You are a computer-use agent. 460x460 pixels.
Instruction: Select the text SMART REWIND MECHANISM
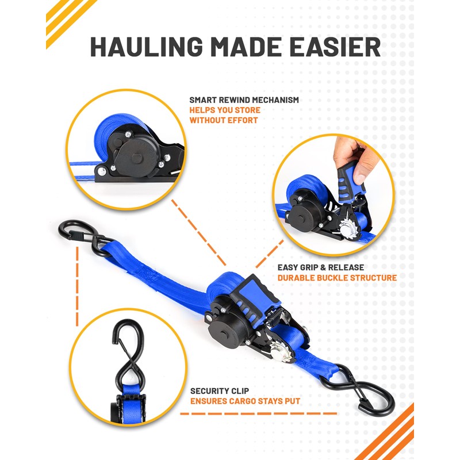click(244, 100)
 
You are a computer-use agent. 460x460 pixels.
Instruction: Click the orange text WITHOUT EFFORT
click(224, 120)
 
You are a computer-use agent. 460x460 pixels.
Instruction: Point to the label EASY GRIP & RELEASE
click(320, 267)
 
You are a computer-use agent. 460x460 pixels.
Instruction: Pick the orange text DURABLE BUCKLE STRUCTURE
click(337, 278)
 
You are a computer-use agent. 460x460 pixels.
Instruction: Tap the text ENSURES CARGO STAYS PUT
click(245, 401)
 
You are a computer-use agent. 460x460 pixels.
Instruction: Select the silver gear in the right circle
click(348, 229)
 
